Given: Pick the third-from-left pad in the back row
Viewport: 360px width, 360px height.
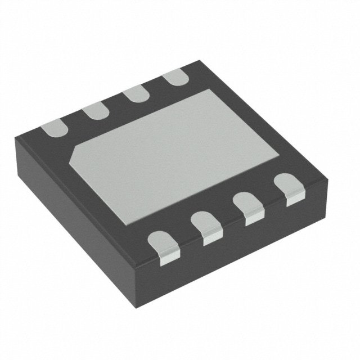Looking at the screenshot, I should coord(134,94).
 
